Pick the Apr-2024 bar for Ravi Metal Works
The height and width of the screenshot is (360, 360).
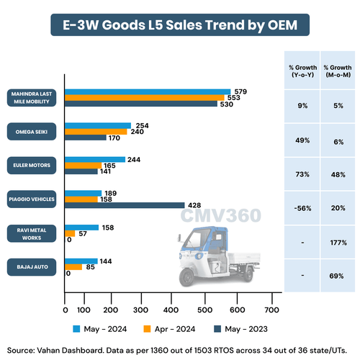click(x=70, y=233)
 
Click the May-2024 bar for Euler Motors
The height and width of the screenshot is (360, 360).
click(x=95, y=159)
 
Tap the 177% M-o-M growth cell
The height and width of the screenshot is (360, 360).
click(x=336, y=243)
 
